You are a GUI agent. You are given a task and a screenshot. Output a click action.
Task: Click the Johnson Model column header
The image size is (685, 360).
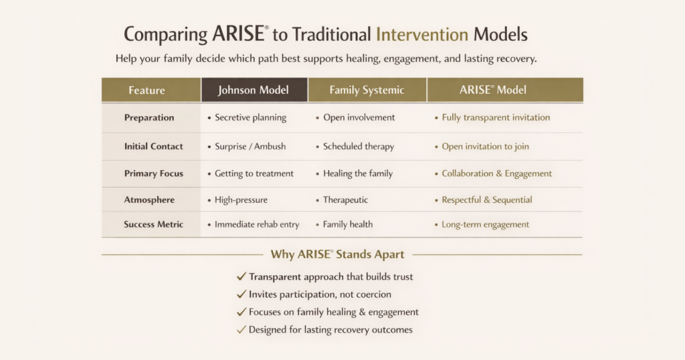click(x=254, y=90)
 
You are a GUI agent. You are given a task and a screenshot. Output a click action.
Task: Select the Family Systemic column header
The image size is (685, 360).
click(x=367, y=90)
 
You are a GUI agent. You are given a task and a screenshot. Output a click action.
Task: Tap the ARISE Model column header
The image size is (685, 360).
click(x=493, y=90)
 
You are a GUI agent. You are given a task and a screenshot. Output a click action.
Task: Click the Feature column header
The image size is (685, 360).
click(x=146, y=90)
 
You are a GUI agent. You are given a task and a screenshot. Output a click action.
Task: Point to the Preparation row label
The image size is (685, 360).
click(x=149, y=118)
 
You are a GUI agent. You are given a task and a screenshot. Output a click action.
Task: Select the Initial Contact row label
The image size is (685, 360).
click(x=153, y=147)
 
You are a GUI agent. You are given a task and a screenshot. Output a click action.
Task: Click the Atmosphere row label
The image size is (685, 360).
click(x=149, y=199)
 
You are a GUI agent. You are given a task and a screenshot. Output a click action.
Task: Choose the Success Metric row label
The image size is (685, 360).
click(x=153, y=224)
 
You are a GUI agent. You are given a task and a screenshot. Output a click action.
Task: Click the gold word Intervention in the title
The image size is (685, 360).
click(x=422, y=34)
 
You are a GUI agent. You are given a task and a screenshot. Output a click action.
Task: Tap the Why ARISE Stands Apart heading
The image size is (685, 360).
click(x=337, y=254)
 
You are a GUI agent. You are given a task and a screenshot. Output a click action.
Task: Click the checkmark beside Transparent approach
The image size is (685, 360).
click(x=241, y=276)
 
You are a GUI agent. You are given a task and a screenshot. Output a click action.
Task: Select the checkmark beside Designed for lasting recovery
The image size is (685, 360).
click(x=241, y=330)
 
